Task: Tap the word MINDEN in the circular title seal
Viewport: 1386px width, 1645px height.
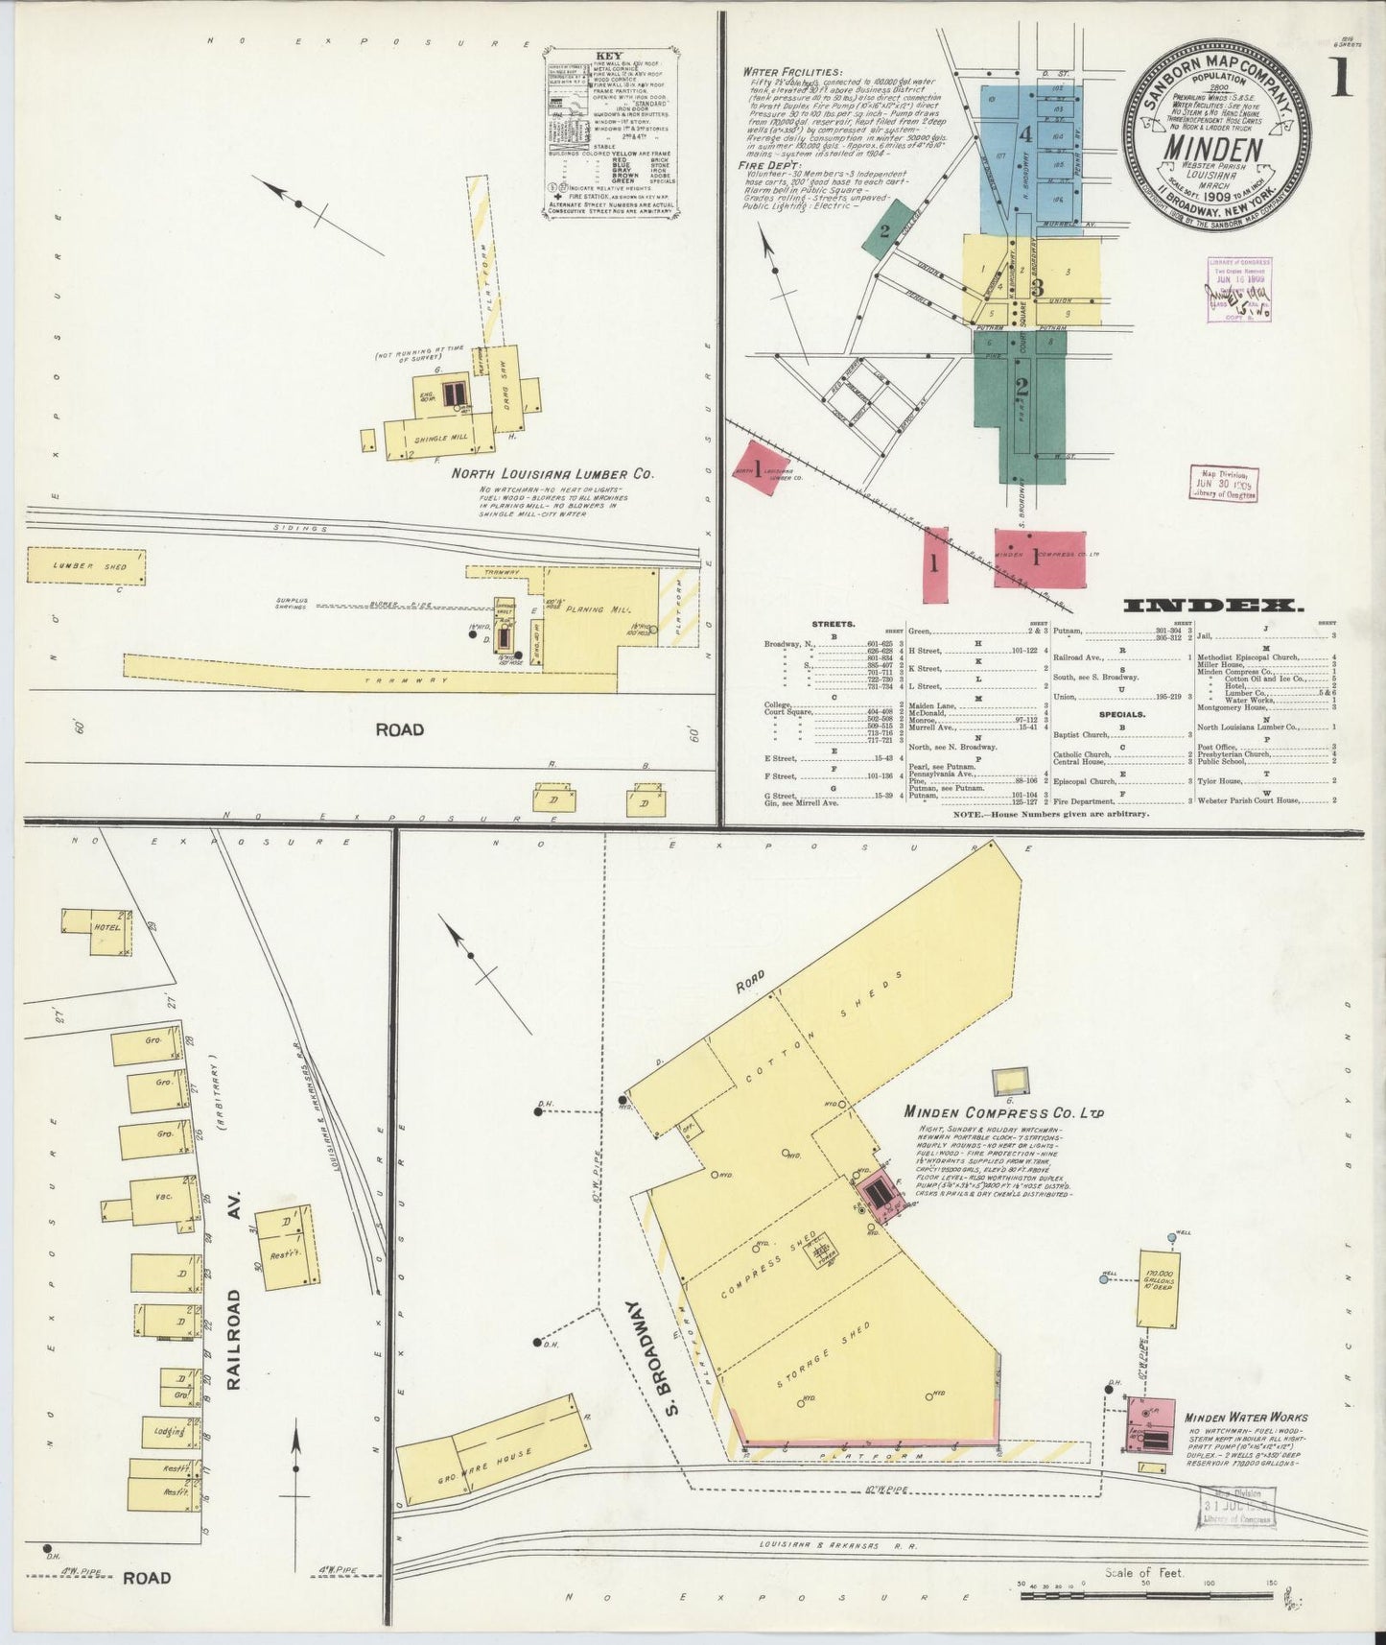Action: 1212,150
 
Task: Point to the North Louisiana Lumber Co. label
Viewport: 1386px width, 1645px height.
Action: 552,474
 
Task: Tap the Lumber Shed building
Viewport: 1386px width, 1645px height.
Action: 90,566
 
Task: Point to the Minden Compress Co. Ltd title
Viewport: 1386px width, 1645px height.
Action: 1002,1112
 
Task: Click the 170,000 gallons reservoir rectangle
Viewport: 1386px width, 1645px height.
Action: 1159,1288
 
